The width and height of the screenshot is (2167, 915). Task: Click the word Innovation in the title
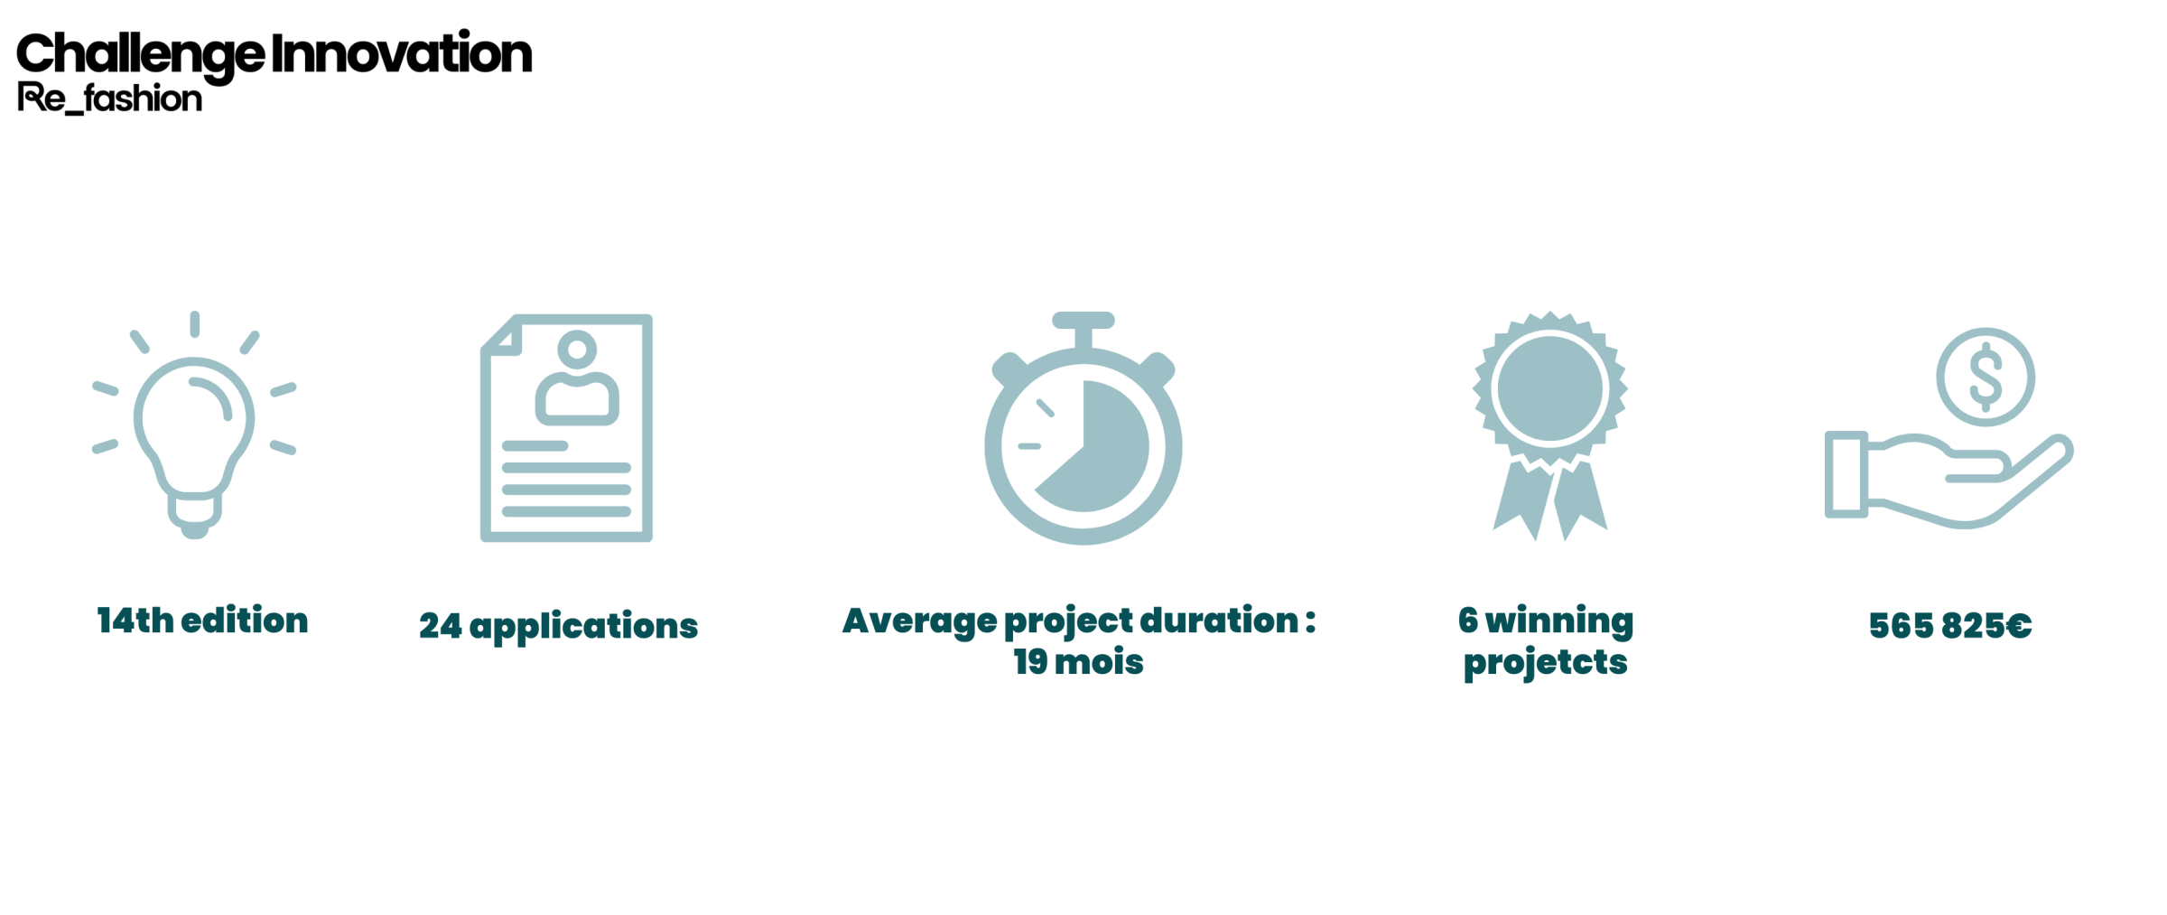[x=402, y=52]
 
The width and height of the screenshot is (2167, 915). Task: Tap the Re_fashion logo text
[x=109, y=98]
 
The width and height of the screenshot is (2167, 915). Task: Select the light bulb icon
[x=194, y=425]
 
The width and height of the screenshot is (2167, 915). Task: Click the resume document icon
[x=566, y=428]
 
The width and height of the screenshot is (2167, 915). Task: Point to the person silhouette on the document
[x=577, y=378]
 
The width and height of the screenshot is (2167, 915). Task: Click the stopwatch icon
[x=1083, y=428]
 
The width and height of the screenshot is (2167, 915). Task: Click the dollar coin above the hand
[x=1986, y=377]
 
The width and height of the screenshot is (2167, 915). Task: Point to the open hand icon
[x=1948, y=480]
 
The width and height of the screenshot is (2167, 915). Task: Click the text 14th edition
[x=202, y=621]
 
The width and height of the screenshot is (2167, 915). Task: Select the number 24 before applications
[x=441, y=626]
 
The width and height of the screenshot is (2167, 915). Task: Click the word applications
[x=583, y=627]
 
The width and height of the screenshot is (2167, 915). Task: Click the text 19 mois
[x=1078, y=662]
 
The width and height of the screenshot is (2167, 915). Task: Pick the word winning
[x=1559, y=621]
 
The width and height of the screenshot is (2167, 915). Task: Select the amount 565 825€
[x=1950, y=625]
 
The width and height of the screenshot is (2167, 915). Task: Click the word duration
[x=1219, y=621]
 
